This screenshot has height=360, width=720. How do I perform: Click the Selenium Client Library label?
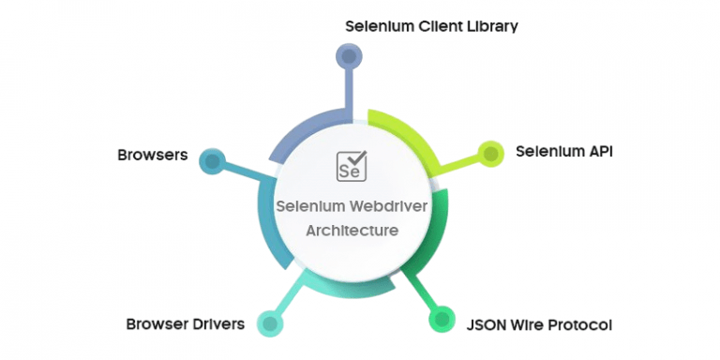tap(431, 25)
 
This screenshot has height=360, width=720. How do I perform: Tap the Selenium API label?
tap(562, 151)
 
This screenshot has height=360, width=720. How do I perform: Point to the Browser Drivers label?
tap(186, 324)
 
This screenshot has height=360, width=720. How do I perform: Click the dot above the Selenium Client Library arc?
tap(349, 58)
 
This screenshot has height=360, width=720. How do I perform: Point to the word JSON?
tap(487, 324)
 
